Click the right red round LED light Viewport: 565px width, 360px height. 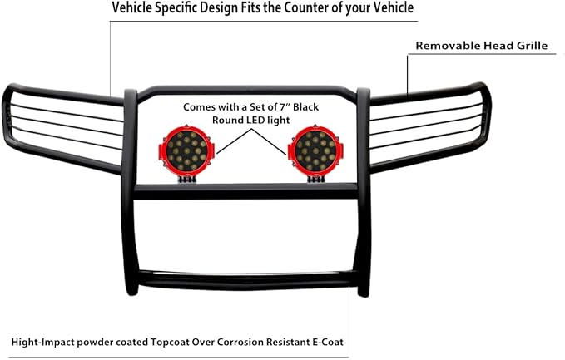click(313, 150)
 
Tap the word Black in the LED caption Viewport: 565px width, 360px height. click(301, 108)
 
